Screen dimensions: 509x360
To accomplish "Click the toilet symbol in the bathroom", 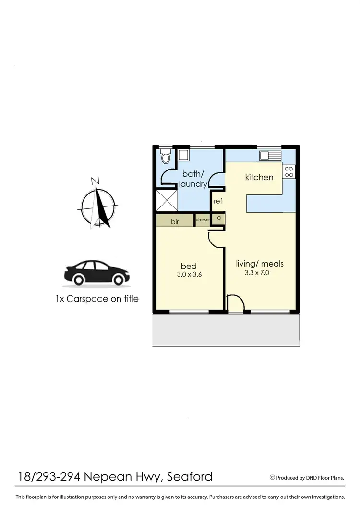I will point(166,156).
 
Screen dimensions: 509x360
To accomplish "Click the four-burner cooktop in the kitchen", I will point(288,171).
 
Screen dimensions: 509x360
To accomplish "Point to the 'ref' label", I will point(218,201).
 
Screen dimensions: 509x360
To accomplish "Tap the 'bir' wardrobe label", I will point(175,222).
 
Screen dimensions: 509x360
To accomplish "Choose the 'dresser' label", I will point(203,220).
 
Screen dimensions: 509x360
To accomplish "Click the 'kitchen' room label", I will point(259,177).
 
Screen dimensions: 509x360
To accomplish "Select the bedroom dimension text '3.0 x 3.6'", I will point(189,275).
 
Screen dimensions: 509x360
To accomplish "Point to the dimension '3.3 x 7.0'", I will point(259,273).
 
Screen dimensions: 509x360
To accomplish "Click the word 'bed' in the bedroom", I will point(189,266).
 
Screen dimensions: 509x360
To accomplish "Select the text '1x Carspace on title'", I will point(97,299).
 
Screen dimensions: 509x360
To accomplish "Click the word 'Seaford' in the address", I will point(188,477).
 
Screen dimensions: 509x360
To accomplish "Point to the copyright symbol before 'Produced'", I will point(272,477).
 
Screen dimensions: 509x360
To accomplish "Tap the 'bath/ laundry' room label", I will point(193,179).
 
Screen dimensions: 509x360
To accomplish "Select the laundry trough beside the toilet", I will point(183,155).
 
